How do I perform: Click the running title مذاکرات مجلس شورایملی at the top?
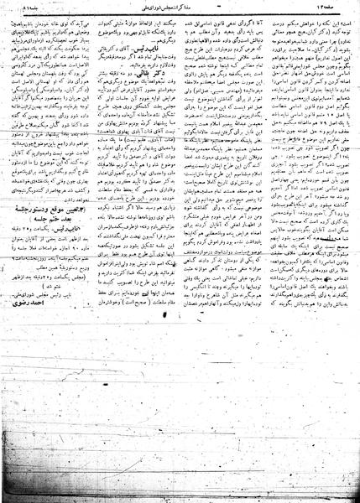pyautogui.click(x=179, y=8)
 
